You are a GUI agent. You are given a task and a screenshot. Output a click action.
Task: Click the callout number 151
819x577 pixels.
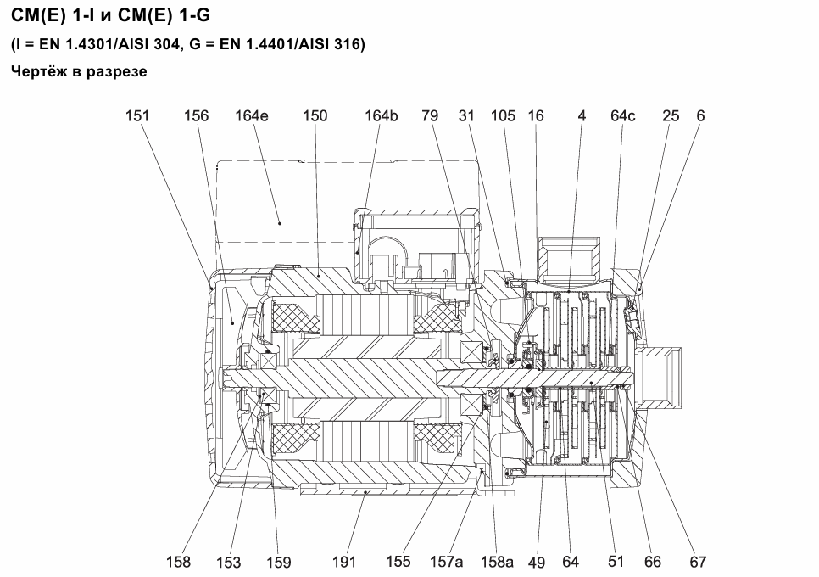(137, 115)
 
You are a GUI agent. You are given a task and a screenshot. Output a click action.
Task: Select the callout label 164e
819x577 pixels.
(252, 115)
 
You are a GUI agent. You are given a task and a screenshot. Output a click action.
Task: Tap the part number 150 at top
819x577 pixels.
(315, 115)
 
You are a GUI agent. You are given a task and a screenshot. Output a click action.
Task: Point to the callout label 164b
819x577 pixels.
(382, 115)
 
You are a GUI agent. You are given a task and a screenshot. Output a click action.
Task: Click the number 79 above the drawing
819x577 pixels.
(430, 115)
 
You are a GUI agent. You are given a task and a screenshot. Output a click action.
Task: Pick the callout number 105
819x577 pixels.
(503, 115)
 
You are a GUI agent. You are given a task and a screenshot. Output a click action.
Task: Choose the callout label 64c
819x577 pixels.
(623, 115)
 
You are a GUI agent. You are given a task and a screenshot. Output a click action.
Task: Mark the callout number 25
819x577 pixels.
(671, 115)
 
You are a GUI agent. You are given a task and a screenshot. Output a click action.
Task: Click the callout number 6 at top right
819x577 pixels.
(701, 115)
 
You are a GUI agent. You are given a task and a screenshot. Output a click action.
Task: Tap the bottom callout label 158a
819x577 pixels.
(497, 562)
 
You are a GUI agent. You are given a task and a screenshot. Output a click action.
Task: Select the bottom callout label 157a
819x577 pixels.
(447, 562)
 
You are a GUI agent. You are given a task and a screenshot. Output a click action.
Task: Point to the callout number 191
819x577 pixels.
(344, 562)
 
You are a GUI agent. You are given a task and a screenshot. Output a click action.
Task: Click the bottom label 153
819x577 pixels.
(229, 563)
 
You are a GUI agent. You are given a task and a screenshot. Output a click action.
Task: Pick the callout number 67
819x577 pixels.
(698, 562)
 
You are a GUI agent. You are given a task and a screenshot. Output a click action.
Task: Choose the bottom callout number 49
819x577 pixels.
(537, 563)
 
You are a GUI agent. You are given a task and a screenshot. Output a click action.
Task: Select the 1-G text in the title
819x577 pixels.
(195, 15)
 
